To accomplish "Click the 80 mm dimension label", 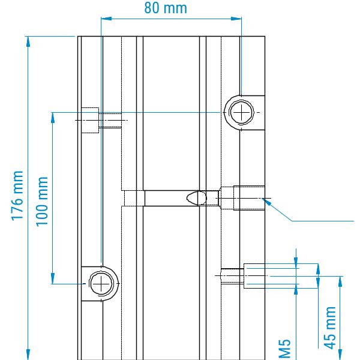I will click(x=166, y=8).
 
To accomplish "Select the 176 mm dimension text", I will click(x=18, y=196).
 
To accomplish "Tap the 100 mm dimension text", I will click(x=42, y=201).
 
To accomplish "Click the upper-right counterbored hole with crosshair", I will click(x=241, y=112).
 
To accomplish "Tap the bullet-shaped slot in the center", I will click(x=197, y=197).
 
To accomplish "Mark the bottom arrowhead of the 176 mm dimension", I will click(x=28, y=355).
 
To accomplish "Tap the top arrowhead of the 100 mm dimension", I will click(x=53, y=116).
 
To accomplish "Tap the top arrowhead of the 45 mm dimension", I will click(x=340, y=281).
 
